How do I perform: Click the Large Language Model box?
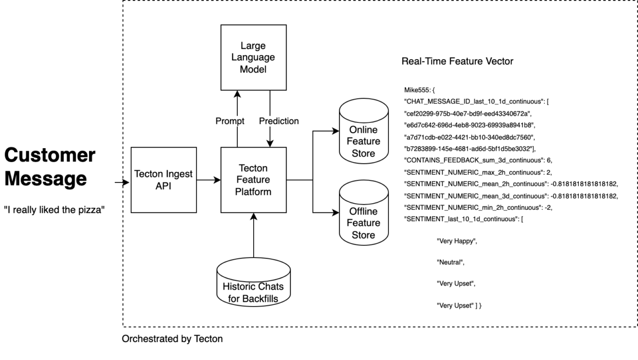[253, 58]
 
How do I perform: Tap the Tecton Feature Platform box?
[253, 180]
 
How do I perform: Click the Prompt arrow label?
[229, 122]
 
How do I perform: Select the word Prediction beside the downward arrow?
[279, 122]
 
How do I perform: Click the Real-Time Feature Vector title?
[457, 62]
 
